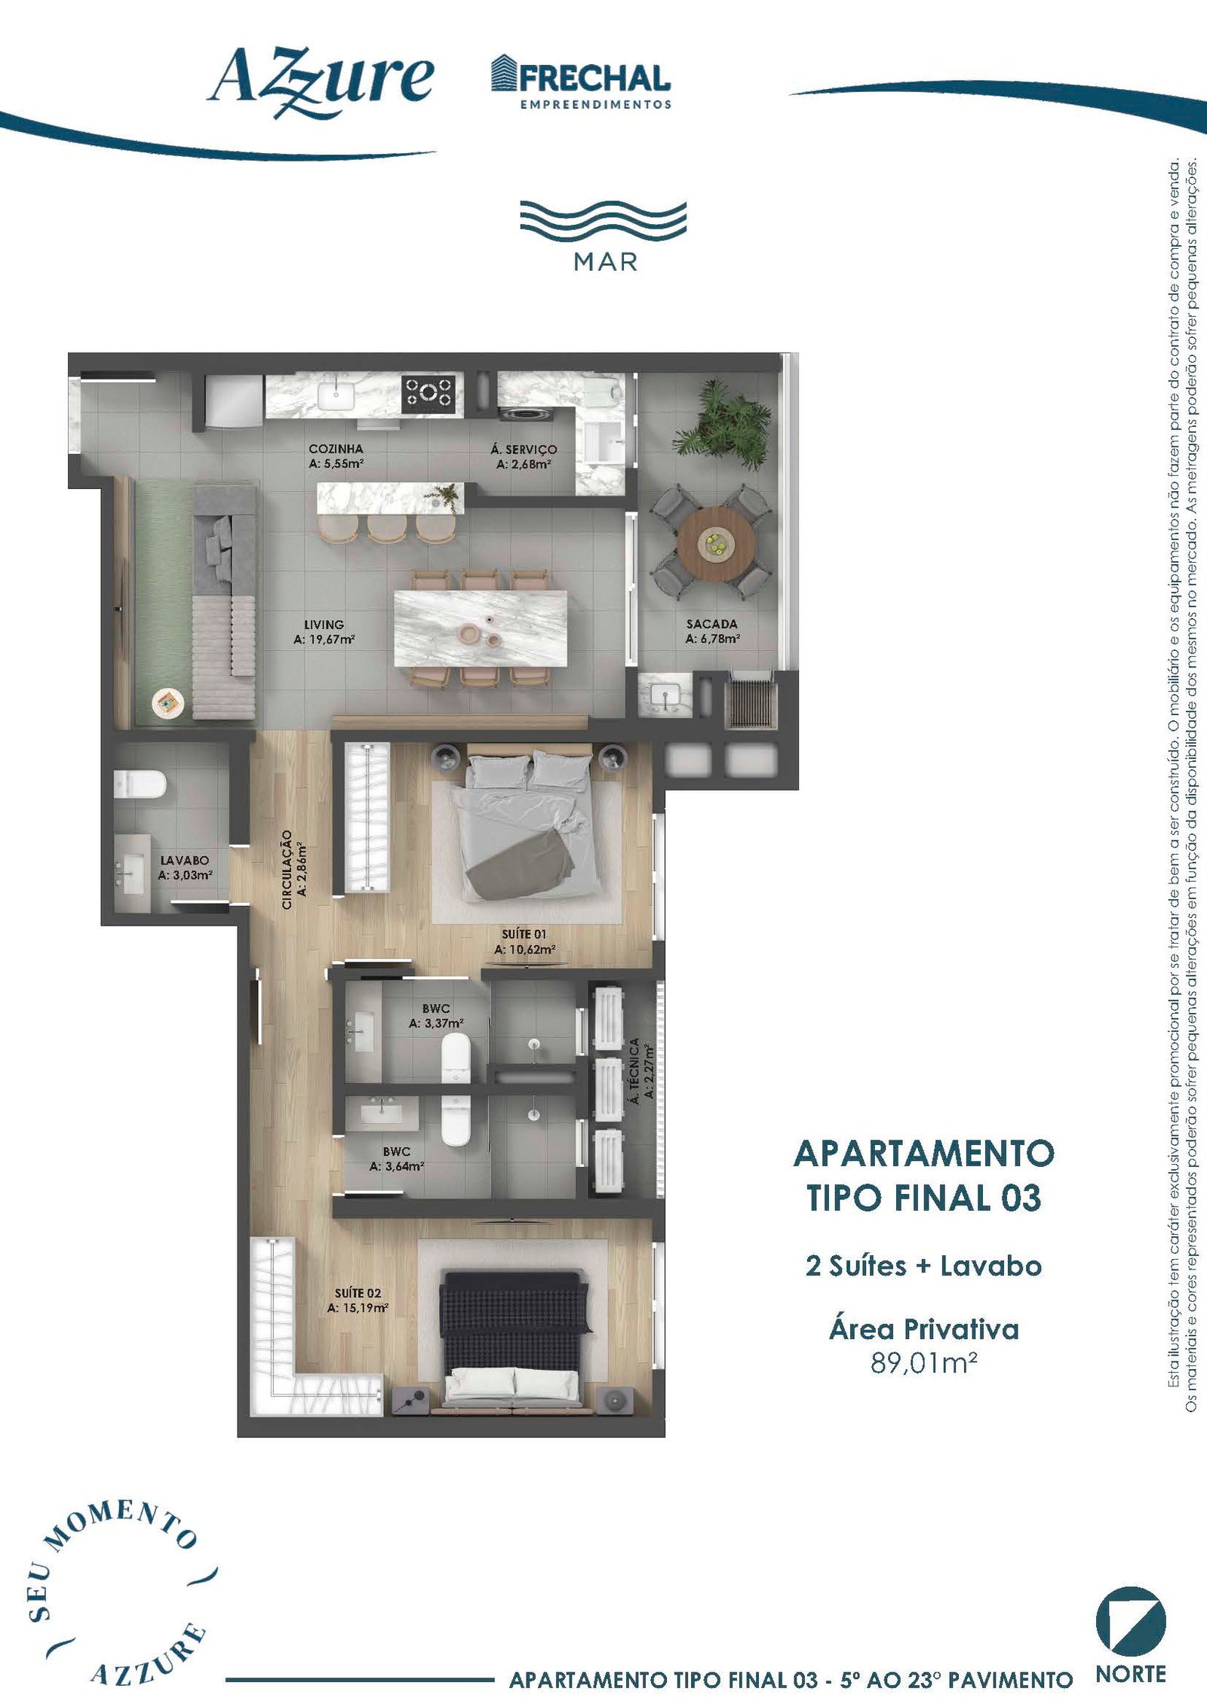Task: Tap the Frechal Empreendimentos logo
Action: point(580,82)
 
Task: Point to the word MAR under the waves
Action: point(606,262)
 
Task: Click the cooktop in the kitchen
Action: point(428,393)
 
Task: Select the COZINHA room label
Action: point(336,449)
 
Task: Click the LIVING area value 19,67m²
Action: point(324,640)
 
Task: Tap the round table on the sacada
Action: point(716,544)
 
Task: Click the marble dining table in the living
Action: point(480,629)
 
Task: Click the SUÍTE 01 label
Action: point(524,934)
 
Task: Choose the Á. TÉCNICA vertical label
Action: point(634,1071)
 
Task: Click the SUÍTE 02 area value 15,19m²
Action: point(358,1308)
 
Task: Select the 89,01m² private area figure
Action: point(924,1363)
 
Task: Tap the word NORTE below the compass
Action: point(1131,1674)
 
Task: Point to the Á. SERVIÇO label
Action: point(524,450)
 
